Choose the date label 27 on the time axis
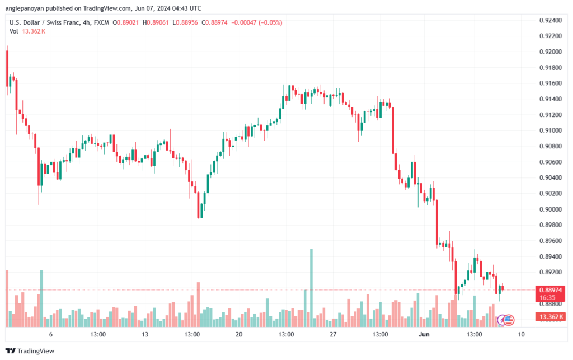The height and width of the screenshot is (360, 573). point(333,335)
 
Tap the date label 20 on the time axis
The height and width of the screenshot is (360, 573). point(239,335)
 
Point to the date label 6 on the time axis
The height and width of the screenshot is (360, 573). point(51,335)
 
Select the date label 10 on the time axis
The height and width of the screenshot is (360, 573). point(521,335)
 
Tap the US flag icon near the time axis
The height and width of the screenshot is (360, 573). point(509,320)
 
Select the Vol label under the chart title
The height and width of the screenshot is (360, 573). point(13,31)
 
